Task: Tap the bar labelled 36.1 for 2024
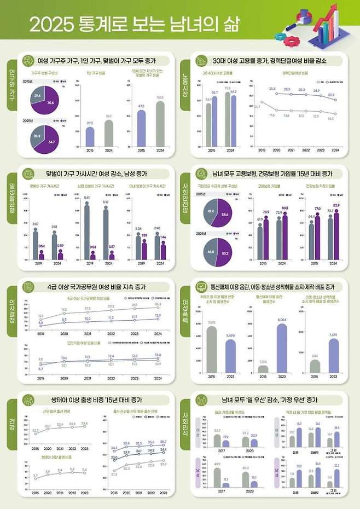(x=109, y=133)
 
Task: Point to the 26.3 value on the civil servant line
(x=158, y=304)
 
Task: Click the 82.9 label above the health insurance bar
(x=336, y=205)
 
